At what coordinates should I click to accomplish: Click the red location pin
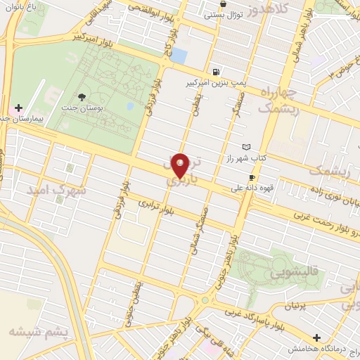pos(181,165)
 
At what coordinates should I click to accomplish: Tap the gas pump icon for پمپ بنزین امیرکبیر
pos(214,72)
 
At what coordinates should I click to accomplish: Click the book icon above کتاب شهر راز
pos(245,147)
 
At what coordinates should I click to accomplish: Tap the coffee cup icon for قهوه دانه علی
pos(252,178)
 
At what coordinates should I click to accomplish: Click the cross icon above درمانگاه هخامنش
pos(316,338)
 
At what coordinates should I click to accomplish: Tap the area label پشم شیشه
pos(39,330)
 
